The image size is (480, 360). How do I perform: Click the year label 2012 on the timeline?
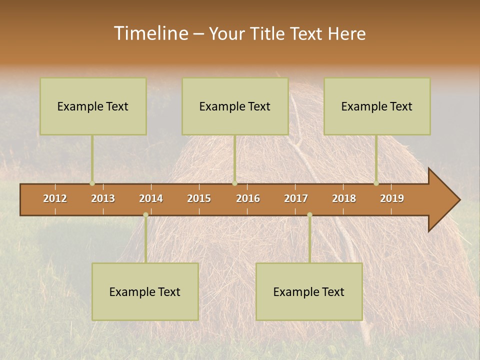pyautogui.click(x=55, y=198)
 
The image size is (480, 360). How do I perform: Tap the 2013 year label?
pyautogui.click(x=103, y=198)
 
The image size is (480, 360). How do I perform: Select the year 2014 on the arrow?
pyautogui.click(x=151, y=198)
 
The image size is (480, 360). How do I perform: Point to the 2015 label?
pyautogui.click(x=199, y=198)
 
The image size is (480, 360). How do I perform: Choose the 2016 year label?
pyautogui.click(x=248, y=198)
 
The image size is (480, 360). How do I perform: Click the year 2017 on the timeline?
pyautogui.click(x=296, y=198)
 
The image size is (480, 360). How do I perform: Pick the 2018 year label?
pyautogui.click(x=344, y=198)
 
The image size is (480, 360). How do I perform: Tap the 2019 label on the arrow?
pyautogui.click(x=392, y=198)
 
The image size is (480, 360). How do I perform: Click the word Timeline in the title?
pyautogui.click(x=150, y=33)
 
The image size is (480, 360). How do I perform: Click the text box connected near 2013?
pyautogui.click(x=93, y=106)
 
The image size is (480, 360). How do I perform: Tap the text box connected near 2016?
pyautogui.click(x=235, y=106)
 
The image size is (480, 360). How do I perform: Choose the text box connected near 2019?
pyautogui.click(x=377, y=106)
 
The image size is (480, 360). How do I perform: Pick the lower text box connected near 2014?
pyautogui.click(x=145, y=291)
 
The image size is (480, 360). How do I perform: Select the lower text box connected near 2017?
pyautogui.click(x=309, y=291)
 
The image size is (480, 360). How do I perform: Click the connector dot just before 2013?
pyautogui.click(x=92, y=183)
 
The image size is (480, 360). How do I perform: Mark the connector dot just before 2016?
pyautogui.click(x=234, y=183)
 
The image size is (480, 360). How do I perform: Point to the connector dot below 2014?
pyautogui.click(x=145, y=214)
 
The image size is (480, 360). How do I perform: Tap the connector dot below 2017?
pyautogui.click(x=309, y=214)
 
